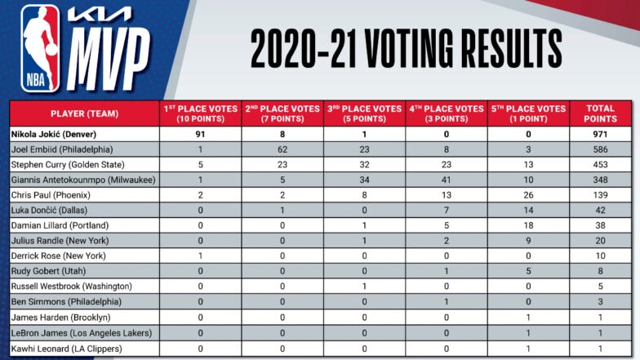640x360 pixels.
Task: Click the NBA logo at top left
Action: tap(41, 48)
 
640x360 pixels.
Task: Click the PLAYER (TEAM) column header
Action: tap(84, 113)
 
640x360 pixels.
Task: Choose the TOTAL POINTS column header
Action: tap(600, 113)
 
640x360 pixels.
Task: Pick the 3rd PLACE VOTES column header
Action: tap(364, 113)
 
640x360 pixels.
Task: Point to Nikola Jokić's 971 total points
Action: tap(600, 134)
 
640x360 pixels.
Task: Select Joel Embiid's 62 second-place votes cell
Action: tap(282, 149)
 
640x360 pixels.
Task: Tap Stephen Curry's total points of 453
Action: tap(600, 165)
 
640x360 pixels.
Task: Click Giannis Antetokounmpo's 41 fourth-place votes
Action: tap(447, 180)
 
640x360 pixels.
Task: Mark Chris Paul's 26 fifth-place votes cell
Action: tap(528, 195)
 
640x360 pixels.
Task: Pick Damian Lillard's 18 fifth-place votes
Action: tap(528, 225)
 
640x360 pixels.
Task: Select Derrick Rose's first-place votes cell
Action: tap(201, 256)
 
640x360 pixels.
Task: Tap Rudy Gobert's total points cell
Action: tap(600, 271)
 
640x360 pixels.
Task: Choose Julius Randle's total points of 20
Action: tap(600, 241)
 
